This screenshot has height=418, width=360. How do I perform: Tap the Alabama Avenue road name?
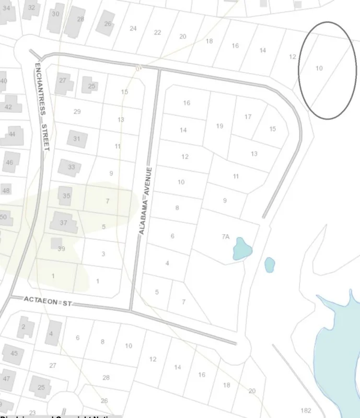pos(145,201)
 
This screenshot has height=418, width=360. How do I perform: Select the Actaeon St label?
pos(48,301)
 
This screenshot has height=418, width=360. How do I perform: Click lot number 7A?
pos(225,237)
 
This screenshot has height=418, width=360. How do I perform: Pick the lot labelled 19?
pos(219,126)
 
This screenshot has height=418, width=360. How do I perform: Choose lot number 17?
pos(248,117)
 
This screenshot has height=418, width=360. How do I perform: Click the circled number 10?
pos(319,68)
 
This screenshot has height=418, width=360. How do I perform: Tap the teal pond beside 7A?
pos(242,248)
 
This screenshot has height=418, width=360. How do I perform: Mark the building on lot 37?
pos(63,223)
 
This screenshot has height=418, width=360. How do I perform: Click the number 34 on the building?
pos(6,8)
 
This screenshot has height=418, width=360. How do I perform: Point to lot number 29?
pos(77,112)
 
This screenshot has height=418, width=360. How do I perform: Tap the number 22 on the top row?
pos(157,32)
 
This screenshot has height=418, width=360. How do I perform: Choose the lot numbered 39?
pos(61,249)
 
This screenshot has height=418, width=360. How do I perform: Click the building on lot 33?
pos(70,167)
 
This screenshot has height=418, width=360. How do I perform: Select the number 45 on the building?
pos(14,354)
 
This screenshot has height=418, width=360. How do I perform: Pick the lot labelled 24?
pos(133,28)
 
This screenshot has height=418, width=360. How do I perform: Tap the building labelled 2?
pos(24,327)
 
